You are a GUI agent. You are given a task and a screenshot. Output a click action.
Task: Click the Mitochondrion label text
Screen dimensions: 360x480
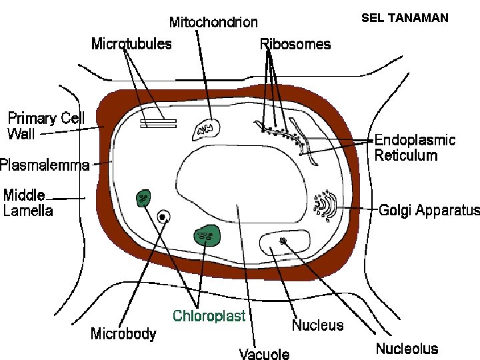point(213,23)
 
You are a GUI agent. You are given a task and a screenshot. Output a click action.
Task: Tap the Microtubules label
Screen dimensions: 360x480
point(131,44)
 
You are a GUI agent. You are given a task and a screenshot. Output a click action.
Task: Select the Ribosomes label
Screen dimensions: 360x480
point(295,44)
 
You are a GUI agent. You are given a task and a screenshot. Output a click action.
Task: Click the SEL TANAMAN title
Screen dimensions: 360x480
point(405,18)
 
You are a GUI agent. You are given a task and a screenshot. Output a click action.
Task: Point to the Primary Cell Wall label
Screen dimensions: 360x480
point(46,126)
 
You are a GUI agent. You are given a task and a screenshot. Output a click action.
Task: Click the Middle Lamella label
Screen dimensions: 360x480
point(28,203)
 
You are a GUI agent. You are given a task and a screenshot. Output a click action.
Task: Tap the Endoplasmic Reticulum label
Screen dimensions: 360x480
point(415,147)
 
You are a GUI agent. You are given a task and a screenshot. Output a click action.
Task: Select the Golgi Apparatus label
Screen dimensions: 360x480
point(429,211)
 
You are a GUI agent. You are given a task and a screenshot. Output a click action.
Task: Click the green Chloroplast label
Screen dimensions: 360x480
point(209,315)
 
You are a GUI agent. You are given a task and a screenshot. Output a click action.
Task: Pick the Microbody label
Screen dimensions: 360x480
point(123,333)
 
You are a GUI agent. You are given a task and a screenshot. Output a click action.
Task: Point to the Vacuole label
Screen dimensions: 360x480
point(265,353)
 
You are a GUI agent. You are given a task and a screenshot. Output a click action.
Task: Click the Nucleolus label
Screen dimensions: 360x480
point(407,348)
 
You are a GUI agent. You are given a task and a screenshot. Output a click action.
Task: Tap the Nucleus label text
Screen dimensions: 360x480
point(317,325)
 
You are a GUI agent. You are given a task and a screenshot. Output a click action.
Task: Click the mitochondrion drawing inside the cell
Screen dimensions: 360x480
point(205,129)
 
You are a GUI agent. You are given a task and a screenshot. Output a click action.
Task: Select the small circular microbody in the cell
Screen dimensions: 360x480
point(162,217)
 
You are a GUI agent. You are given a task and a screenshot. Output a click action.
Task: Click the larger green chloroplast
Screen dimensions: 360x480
point(207,235)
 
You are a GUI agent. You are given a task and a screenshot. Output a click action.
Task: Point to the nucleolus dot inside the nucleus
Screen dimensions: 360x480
point(284,241)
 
